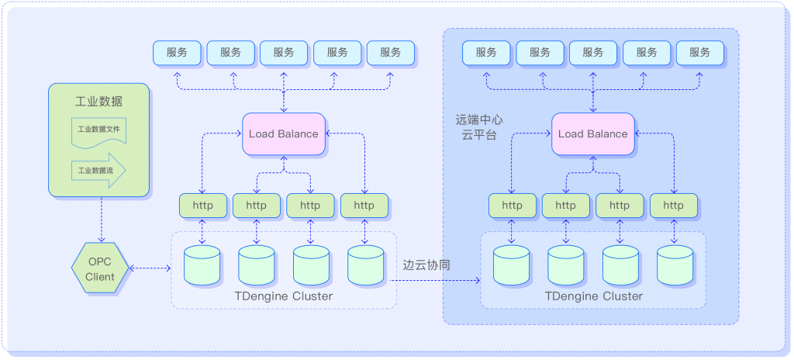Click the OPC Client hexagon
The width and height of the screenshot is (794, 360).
100,268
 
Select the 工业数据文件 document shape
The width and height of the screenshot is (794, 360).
98,130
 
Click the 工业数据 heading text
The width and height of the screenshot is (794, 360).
98,102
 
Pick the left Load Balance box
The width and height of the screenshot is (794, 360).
283,133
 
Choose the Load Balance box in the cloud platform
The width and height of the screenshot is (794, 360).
592,133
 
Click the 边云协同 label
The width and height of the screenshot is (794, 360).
427,265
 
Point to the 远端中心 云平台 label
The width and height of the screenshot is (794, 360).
479,127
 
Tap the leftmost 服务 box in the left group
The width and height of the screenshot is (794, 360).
176,53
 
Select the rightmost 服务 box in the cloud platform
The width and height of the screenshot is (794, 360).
699,53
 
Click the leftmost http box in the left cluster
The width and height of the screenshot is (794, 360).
202,206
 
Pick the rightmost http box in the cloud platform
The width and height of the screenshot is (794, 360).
673,206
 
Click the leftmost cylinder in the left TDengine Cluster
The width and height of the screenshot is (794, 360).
202,265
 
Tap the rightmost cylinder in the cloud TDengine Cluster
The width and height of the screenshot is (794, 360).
674,265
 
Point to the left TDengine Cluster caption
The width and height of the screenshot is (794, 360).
283,296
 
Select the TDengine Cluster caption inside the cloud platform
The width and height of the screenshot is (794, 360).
593,296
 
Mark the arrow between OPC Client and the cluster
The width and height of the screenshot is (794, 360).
150,268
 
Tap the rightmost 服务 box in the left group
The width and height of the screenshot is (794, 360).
391,53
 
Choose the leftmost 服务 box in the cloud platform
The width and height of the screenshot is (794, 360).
486,53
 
